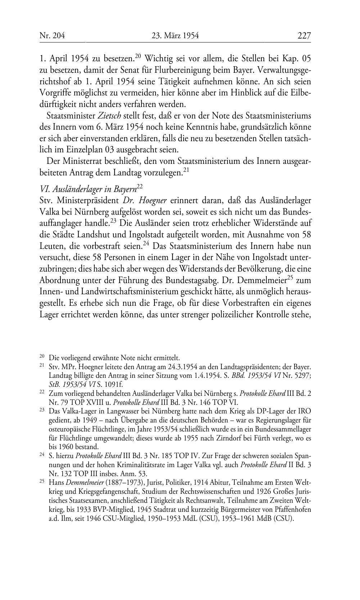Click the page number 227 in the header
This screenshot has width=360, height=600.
[x=304, y=36]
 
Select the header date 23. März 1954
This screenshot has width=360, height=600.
[x=175, y=36]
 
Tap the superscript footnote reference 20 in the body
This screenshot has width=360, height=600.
[x=138, y=56]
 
